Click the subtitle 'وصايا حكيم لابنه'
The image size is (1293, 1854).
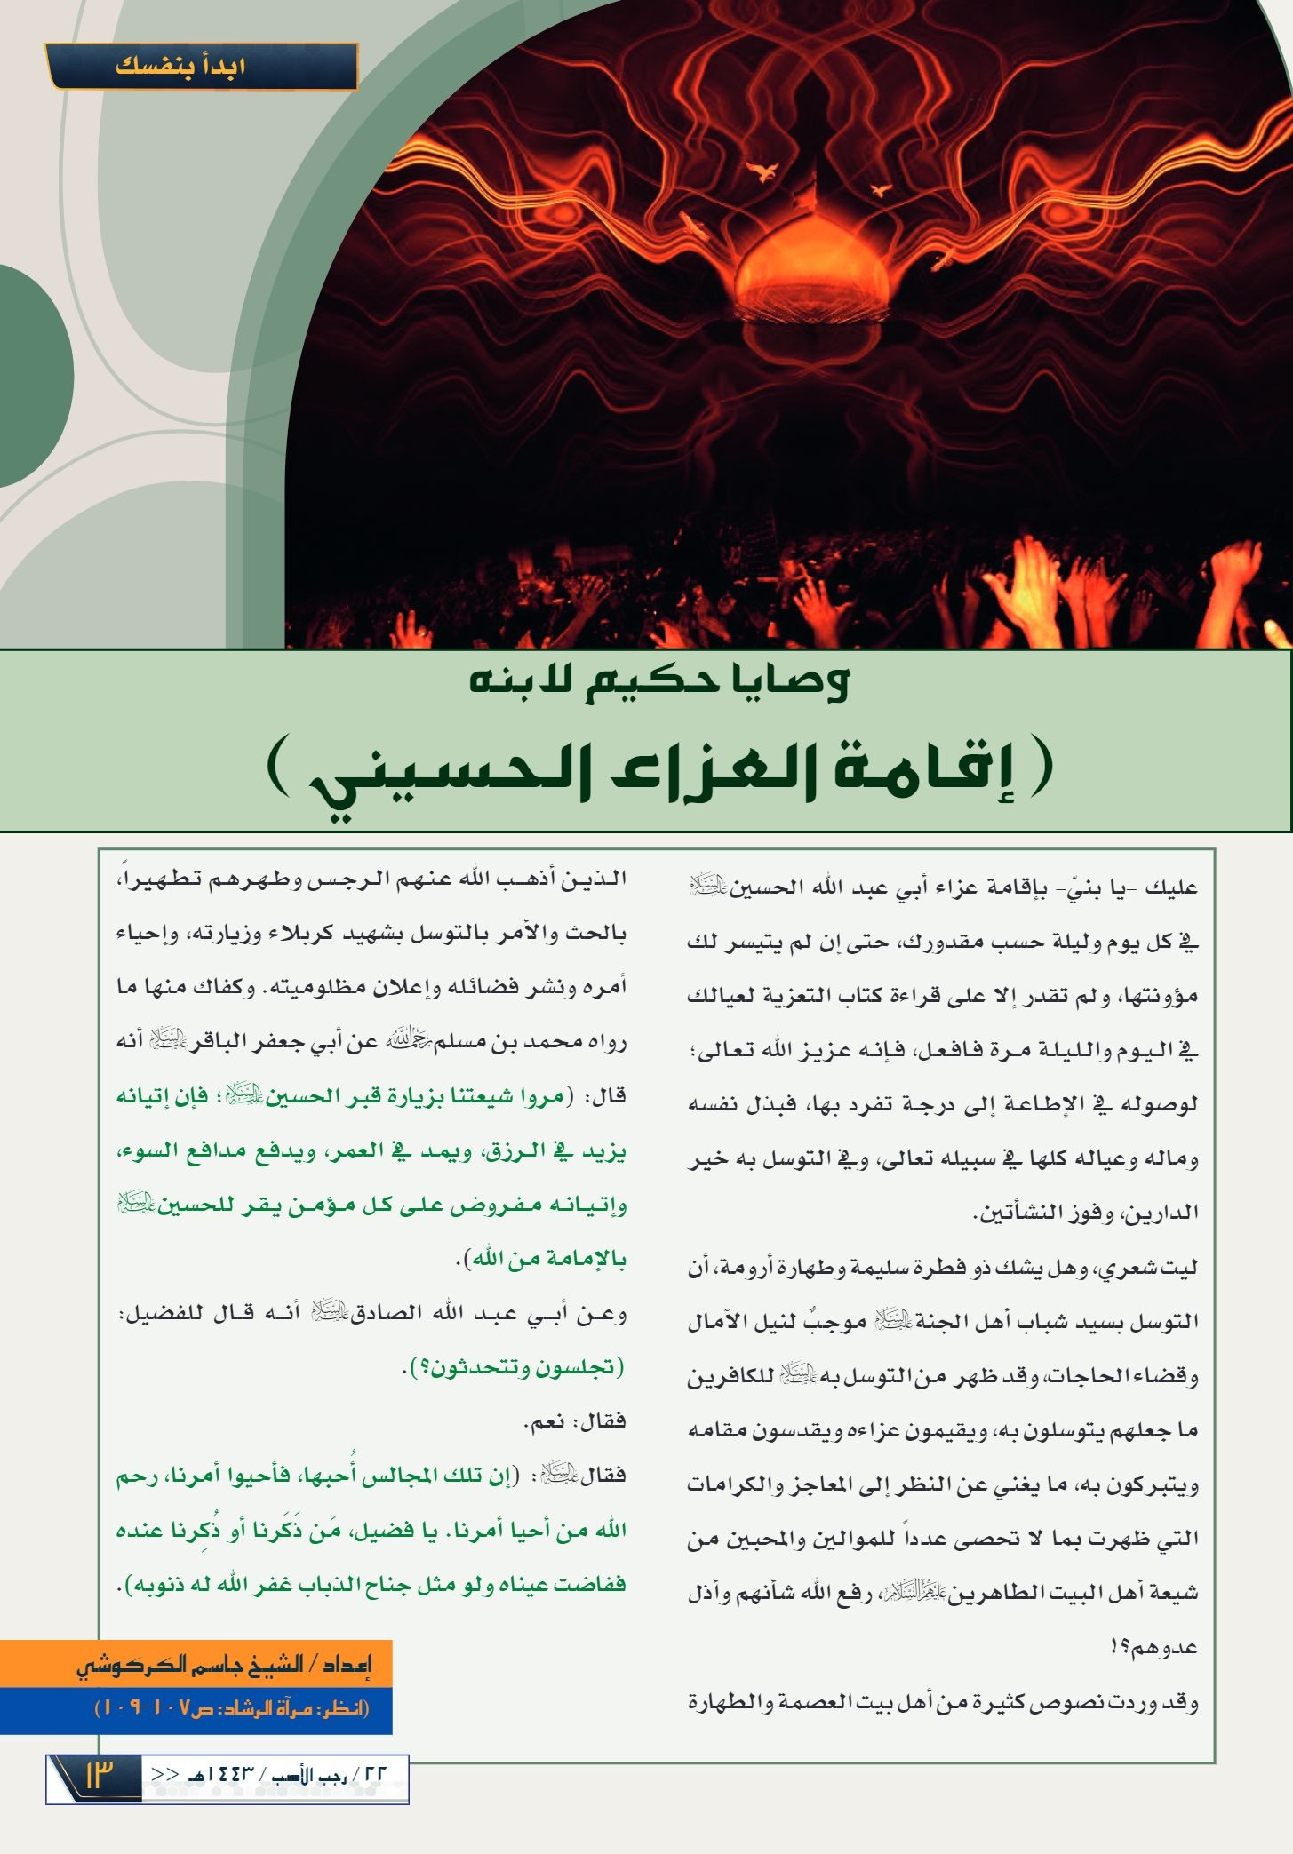(x=658, y=682)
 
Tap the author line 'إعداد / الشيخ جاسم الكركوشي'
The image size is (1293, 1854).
(x=223, y=1663)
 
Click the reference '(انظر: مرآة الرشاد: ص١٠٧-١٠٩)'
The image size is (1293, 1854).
(x=231, y=1707)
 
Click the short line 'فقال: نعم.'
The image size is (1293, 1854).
(x=575, y=1421)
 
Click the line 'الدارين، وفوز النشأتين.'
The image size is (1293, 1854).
(x=1086, y=1213)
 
